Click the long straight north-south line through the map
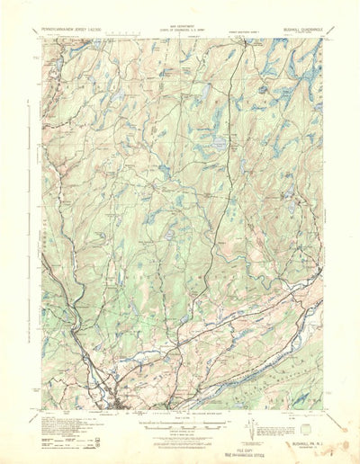click(236, 180)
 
